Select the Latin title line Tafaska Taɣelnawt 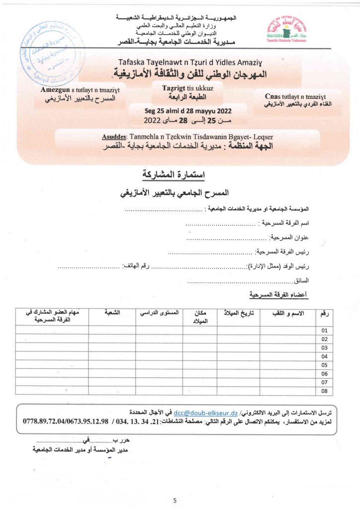point(182,64)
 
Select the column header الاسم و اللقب point(288,314)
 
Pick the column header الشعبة point(112,313)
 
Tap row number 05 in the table point(325,365)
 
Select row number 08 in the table point(325,391)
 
